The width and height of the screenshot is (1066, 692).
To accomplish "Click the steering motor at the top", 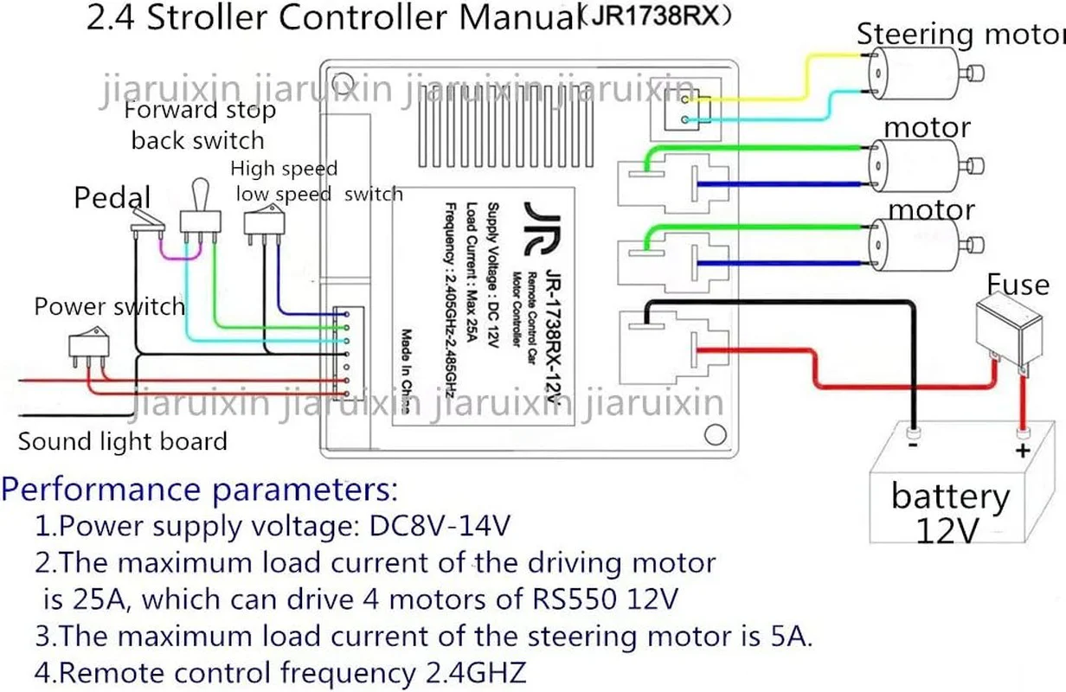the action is [923, 74].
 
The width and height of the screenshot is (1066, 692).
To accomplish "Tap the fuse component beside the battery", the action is [1009, 329].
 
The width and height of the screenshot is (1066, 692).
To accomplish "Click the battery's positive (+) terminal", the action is [1023, 433].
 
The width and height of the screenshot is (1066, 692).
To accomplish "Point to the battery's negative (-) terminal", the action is [913, 433].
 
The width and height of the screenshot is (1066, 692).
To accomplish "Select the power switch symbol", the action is [89, 346].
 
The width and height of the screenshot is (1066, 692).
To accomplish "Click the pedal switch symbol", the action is [147, 222].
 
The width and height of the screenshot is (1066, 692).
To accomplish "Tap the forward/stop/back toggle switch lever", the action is [201, 195].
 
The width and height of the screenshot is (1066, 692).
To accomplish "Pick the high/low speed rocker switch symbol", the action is [264, 223].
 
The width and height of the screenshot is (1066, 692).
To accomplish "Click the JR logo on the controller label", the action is [542, 228].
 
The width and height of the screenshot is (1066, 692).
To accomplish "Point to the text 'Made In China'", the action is [406, 370].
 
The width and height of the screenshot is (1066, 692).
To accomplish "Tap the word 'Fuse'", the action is [1018, 285].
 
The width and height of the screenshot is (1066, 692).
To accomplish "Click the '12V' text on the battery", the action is [947, 530].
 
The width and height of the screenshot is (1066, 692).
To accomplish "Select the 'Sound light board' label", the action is [123, 441].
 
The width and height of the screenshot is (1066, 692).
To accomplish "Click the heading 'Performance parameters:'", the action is [199, 490].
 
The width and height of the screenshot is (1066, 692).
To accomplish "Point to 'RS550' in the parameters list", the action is [574, 599].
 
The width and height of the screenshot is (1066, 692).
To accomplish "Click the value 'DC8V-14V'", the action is [440, 526].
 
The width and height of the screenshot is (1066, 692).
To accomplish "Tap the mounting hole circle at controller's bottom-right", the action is [715, 434].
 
